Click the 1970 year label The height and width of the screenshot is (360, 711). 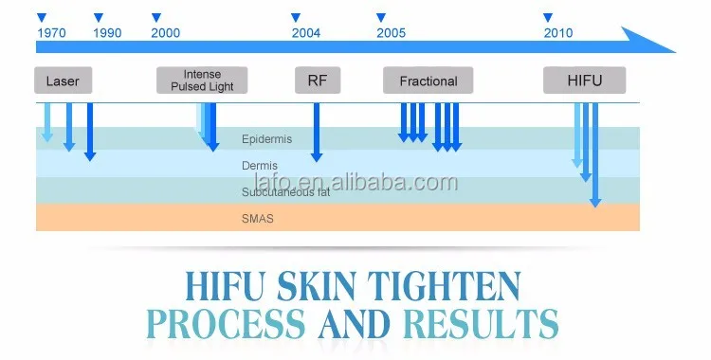point(51,33)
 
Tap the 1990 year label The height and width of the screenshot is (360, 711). point(107,33)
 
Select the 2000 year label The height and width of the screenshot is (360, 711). point(166,33)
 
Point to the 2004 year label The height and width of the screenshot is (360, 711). point(306,33)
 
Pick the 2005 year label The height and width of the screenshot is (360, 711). point(391,33)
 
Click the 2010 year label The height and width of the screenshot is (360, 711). point(558,33)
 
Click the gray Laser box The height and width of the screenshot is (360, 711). point(63,81)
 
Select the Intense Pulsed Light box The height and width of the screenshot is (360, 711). point(202,81)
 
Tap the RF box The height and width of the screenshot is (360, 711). point(318,81)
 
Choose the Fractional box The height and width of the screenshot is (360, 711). point(428,81)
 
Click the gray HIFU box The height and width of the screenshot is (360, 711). point(585,81)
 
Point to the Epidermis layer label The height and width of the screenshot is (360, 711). point(266,139)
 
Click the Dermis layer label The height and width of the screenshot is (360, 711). point(260,166)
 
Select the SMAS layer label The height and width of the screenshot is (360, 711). point(258,219)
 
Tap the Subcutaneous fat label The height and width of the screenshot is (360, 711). point(285,191)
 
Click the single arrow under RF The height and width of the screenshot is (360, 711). point(317,133)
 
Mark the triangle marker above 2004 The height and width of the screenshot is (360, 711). point(296,18)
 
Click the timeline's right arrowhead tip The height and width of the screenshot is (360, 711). point(676,52)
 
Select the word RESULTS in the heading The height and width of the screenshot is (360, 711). point(481,324)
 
